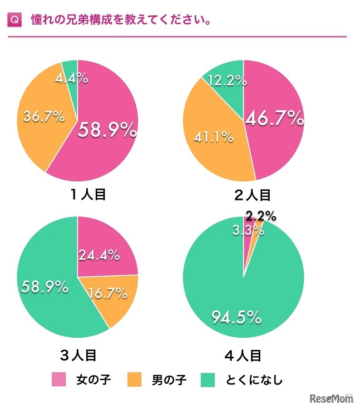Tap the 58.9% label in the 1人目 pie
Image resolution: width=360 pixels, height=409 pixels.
107,130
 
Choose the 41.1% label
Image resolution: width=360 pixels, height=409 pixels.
213,136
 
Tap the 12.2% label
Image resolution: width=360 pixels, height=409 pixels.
227,81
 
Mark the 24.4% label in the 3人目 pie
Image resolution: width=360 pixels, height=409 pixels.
99,255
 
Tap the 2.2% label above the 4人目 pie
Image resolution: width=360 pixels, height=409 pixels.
261,215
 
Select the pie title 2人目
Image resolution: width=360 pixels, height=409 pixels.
252,195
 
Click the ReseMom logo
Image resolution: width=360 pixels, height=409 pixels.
331,399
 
